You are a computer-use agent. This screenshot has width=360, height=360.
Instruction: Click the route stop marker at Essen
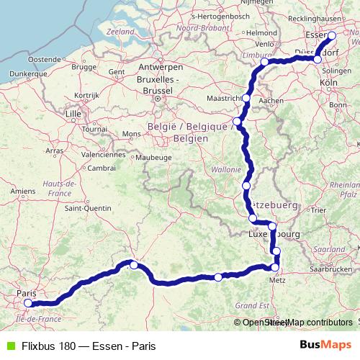tap(332, 35)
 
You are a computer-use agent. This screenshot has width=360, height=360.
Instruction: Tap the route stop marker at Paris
tap(28, 303)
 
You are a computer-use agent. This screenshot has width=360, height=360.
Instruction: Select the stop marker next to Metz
tap(274, 267)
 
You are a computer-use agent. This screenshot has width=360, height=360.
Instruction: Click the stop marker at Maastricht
tap(246, 98)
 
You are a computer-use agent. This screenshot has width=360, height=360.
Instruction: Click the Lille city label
tap(73, 114)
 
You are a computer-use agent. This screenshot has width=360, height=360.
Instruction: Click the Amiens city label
tap(24, 191)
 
